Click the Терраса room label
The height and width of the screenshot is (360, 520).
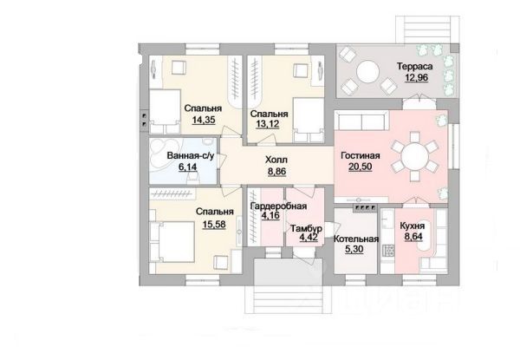pyautogui.click(x=414, y=66)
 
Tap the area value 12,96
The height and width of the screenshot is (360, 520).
pyautogui.click(x=416, y=78)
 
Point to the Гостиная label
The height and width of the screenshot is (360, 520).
pyautogui.click(x=361, y=155)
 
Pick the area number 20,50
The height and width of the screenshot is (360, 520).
pyautogui.click(x=361, y=167)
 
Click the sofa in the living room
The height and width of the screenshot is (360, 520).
pyautogui.click(x=361, y=120)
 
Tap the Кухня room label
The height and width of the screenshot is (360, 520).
pyautogui.click(x=413, y=226)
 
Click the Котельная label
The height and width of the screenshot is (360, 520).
pyautogui.click(x=356, y=239)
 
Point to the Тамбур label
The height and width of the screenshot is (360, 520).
pyautogui.click(x=307, y=229)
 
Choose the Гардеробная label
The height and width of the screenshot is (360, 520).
pyautogui.click(x=278, y=206)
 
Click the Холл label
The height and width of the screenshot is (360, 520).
pyautogui.click(x=276, y=160)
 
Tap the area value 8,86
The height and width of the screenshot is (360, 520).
pyautogui.click(x=276, y=171)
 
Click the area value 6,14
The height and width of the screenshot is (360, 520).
pyautogui.click(x=188, y=167)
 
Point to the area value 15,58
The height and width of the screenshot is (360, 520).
pyautogui.click(x=214, y=225)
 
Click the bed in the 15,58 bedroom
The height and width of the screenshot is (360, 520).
pyautogui.click(x=172, y=241)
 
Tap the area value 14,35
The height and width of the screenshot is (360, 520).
pyautogui.click(x=204, y=120)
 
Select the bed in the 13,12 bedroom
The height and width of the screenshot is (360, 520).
pyautogui.click(x=309, y=120)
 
